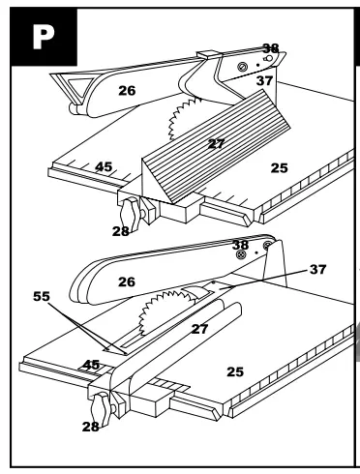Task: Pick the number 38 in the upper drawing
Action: tap(271, 48)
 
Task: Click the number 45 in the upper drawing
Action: tap(104, 167)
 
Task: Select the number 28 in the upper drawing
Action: tap(121, 233)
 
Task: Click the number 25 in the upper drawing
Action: tap(278, 168)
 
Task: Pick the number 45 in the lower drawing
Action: tap(91, 365)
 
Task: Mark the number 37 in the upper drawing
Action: tap(266, 81)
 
